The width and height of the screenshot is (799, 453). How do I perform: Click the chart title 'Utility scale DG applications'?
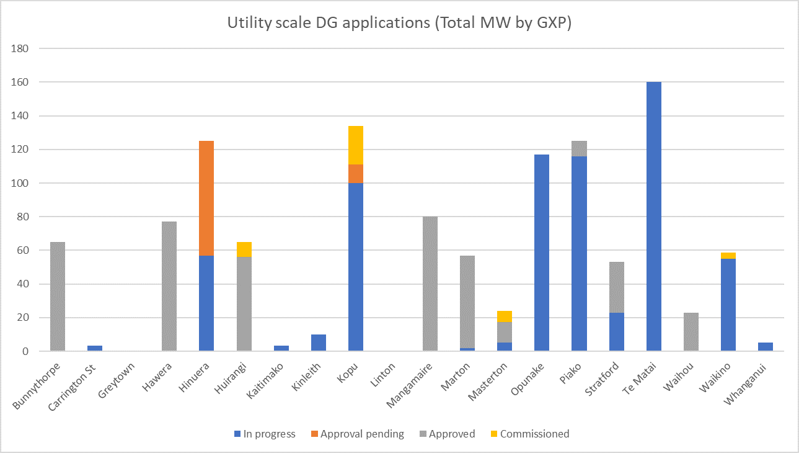399,23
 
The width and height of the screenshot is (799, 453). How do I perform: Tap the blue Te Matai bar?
653,217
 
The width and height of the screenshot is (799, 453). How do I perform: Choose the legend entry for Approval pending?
361,434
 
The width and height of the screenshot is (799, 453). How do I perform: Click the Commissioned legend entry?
534,434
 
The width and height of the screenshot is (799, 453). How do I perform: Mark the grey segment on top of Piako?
579,148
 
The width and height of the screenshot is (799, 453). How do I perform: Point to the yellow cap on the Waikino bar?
728,256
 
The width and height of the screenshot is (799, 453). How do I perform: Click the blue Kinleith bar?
318,343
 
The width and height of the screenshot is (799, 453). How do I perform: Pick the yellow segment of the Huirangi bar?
244,249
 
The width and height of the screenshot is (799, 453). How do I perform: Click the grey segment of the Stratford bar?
616,287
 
